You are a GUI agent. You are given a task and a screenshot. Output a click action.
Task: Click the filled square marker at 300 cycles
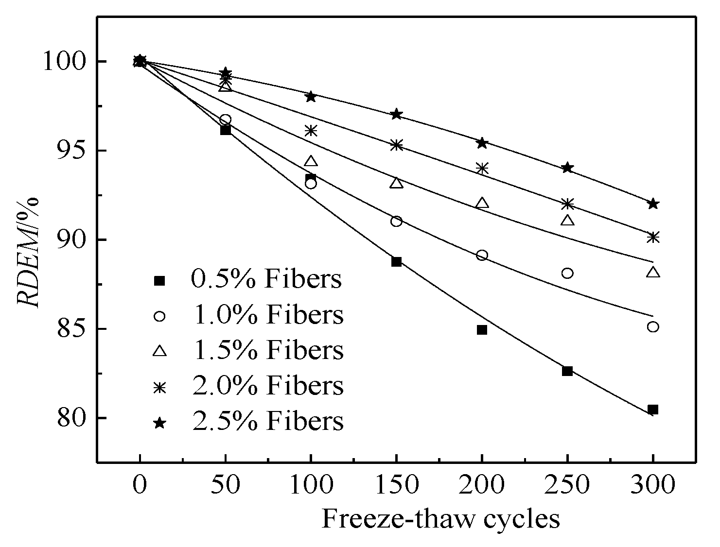click(x=653, y=410)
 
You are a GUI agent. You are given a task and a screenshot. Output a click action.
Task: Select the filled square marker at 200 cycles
click(x=482, y=330)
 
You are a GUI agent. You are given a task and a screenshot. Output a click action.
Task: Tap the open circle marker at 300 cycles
click(x=653, y=327)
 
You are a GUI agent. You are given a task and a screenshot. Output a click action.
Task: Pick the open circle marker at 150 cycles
click(x=396, y=222)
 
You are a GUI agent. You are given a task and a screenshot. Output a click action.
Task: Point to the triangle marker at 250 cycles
click(x=567, y=221)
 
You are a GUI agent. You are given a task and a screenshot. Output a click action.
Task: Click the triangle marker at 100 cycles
click(x=311, y=161)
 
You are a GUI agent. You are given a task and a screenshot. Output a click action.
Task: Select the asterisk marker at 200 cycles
click(x=482, y=169)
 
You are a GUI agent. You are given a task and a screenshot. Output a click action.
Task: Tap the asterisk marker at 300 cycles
click(x=653, y=237)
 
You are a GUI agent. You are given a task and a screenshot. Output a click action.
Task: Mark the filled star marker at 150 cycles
click(x=396, y=114)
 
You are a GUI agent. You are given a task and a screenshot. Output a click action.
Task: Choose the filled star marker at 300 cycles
click(x=653, y=204)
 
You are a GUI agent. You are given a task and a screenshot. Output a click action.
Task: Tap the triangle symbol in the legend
click(x=159, y=351)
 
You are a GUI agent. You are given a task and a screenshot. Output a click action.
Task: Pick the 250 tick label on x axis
click(x=567, y=485)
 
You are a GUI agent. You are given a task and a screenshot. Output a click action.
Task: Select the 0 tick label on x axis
click(x=140, y=485)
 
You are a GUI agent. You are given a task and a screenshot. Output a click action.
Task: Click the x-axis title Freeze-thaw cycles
click(x=440, y=519)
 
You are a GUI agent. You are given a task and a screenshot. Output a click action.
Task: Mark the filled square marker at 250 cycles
click(x=567, y=371)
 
